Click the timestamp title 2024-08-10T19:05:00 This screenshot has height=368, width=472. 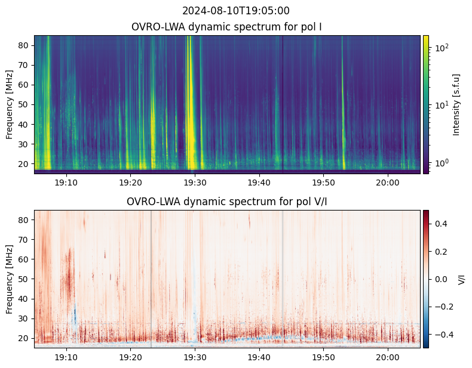point(235,11)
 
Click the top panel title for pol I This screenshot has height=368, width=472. point(226,27)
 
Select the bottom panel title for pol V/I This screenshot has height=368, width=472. point(226,202)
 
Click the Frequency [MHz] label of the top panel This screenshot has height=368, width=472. point(10,104)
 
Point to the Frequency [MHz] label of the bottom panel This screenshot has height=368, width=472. point(10,279)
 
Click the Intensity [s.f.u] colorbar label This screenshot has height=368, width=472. point(456,105)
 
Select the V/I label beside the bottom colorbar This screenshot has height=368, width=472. point(461,279)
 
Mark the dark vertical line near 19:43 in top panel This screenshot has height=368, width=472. point(283,103)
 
